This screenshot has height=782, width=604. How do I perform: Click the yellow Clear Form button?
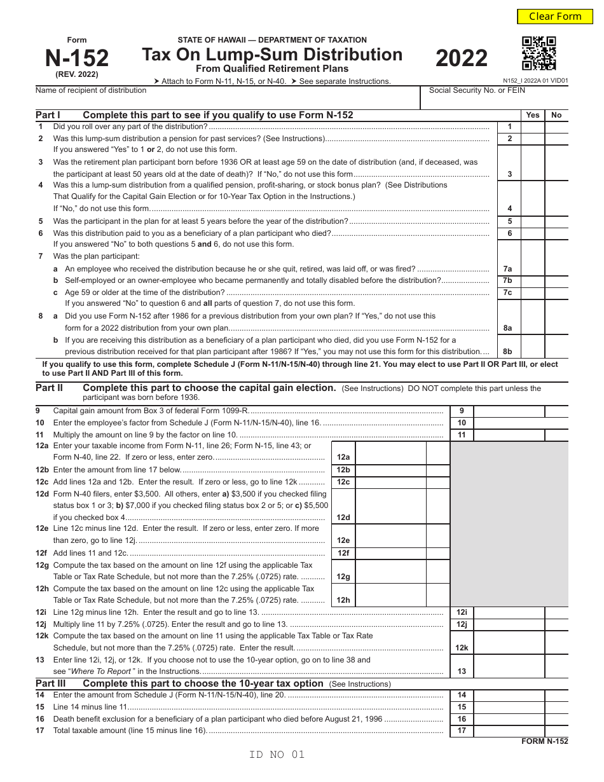coord(555,17)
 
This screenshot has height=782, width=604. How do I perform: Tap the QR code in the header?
coord(539,53)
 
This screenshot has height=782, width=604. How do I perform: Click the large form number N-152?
coord(77,58)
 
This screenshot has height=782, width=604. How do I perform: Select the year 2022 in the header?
coord(462,58)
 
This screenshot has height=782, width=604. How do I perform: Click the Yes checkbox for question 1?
coord(533,127)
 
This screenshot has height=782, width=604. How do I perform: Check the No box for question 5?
coord(556,221)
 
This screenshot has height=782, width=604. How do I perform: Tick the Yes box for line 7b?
coord(533,280)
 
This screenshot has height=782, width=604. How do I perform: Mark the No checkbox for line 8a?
coord(556,322)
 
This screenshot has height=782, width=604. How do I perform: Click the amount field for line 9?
coord(509,411)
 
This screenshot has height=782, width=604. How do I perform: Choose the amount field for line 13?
coord(509,666)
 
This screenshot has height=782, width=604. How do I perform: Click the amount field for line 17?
coord(509,731)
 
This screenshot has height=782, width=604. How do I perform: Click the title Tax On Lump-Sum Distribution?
coord(272,55)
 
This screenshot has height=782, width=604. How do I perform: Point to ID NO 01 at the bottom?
coord(277,755)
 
